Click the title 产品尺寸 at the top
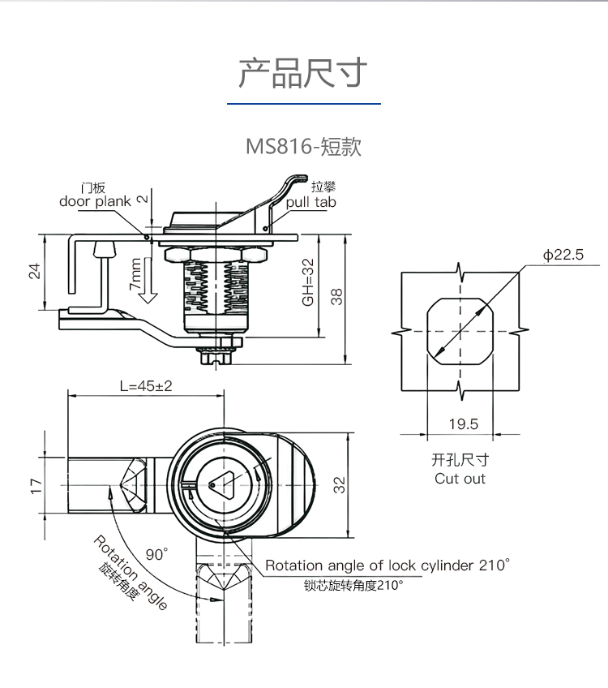[303, 73]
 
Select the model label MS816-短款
[303, 148]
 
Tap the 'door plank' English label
[95, 202]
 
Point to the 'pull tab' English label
[310, 203]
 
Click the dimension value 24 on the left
[35, 271]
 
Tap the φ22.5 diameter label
[563, 255]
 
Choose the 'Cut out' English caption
[460, 479]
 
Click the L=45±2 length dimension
[146, 386]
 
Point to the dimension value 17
[35, 485]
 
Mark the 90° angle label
[157, 554]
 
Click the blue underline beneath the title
[303, 104]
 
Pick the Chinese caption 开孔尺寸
[460, 460]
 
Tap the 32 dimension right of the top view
[340, 485]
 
